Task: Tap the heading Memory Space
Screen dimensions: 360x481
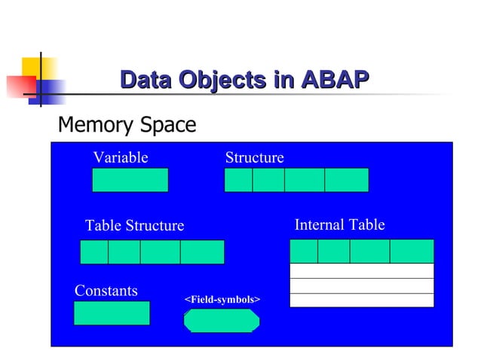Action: (127, 124)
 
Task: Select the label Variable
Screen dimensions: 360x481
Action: (120, 157)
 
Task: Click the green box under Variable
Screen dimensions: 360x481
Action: (130, 180)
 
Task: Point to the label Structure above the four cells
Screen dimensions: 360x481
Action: (254, 157)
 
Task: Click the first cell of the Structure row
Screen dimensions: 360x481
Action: (238, 180)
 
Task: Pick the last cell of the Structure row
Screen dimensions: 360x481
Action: (346, 180)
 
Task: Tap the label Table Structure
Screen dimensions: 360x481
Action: (134, 226)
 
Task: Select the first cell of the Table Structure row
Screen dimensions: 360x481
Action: (94, 252)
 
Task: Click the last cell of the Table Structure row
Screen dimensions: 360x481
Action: (202, 252)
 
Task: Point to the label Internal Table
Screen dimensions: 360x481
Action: (339, 225)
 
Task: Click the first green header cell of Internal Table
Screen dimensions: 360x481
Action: (304, 251)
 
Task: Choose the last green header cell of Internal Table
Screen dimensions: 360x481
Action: (412, 251)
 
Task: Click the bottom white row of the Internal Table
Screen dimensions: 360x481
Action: (362, 300)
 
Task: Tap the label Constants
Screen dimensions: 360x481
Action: (106, 291)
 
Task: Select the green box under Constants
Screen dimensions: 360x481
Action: (112, 313)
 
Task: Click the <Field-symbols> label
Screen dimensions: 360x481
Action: (222, 300)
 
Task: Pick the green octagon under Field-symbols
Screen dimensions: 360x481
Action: (222, 320)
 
